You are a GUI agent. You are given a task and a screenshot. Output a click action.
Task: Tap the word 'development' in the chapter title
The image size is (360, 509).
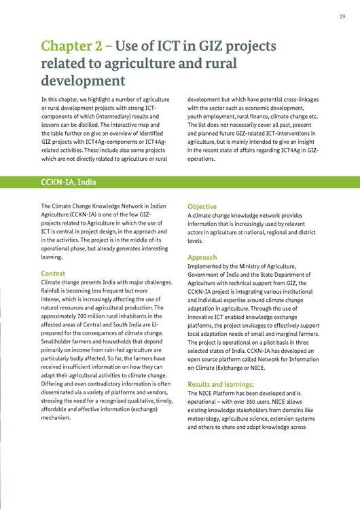click(x=83, y=81)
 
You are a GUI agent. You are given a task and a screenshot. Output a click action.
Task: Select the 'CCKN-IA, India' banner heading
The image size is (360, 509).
click(x=69, y=182)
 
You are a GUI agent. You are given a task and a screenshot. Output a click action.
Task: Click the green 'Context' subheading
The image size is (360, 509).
click(x=53, y=274)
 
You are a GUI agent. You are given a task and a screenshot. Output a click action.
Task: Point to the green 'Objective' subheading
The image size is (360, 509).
click(x=202, y=206)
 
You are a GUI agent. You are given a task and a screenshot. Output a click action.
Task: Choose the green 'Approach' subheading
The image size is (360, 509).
click(x=202, y=257)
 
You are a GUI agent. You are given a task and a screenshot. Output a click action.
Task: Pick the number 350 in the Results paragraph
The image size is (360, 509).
click(x=253, y=402)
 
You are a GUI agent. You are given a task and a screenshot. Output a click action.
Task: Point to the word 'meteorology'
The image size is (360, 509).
click(x=206, y=419)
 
